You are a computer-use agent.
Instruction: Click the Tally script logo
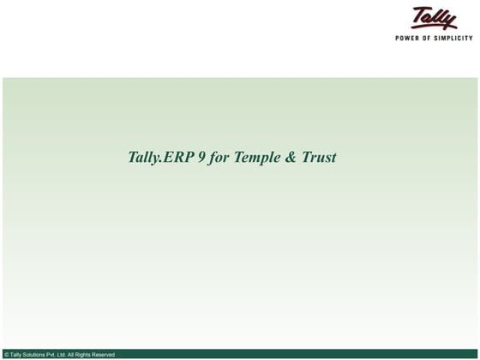click(x=435, y=18)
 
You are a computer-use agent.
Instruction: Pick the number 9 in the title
click(x=201, y=158)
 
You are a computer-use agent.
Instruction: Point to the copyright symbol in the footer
click(x=6, y=355)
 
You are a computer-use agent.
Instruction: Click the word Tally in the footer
click(x=16, y=355)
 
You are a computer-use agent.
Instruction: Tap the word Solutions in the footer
click(x=36, y=355)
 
